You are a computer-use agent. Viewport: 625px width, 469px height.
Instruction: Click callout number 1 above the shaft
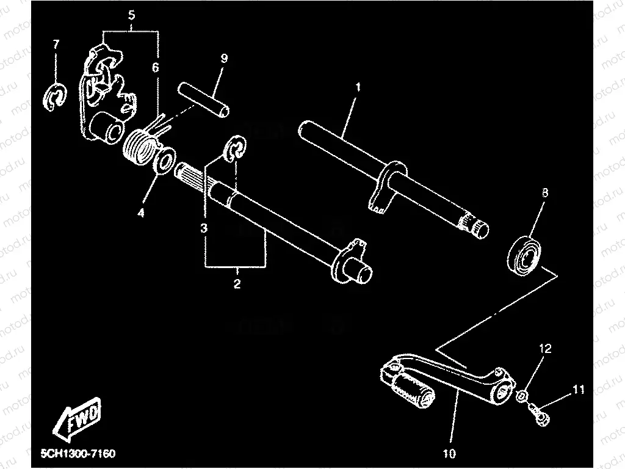coord(358,87)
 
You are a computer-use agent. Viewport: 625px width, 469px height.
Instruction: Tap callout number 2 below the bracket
coord(237,284)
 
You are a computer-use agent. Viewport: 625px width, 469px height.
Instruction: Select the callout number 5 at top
coord(131,15)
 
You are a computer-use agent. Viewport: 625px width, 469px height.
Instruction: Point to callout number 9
coord(224,59)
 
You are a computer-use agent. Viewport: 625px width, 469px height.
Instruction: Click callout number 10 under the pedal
coord(450,454)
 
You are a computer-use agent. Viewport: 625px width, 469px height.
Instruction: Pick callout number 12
coord(544,349)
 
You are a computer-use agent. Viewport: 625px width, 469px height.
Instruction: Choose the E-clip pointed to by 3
coord(235,150)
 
